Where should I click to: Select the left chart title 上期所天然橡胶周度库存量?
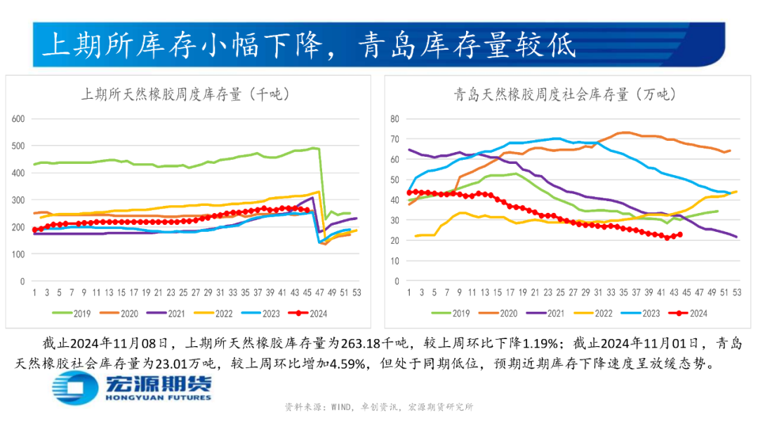[185, 94]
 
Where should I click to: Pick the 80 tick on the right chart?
[394, 118]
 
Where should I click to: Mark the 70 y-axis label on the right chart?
[394, 139]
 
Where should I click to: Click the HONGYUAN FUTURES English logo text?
[157, 397]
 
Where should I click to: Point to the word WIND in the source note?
[343, 406]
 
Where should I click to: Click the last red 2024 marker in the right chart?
[679, 235]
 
